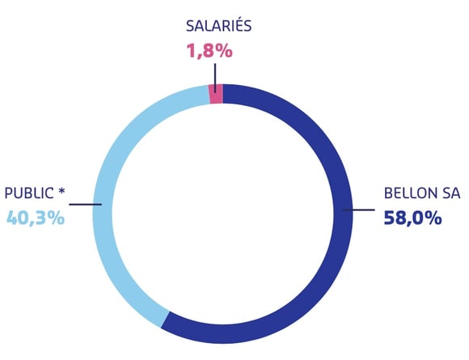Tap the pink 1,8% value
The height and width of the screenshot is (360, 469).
[x=209, y=51]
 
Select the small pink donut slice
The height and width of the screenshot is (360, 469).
[x=216, y=94]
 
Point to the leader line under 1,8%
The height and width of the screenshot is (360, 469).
[x=215, y=78]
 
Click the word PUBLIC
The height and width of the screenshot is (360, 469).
[x=29, y=193]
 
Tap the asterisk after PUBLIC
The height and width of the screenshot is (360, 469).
[x=61, y=191]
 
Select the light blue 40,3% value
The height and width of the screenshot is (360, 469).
[x=36, y=218]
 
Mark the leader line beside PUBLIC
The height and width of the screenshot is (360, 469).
[x=86, y=205]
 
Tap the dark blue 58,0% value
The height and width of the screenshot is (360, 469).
[x=412, y=218]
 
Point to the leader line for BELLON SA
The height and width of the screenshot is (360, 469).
[x=359, y=210]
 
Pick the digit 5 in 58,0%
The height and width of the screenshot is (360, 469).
[x=390, y=218]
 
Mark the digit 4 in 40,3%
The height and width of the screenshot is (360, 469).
[x=12, y=218]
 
